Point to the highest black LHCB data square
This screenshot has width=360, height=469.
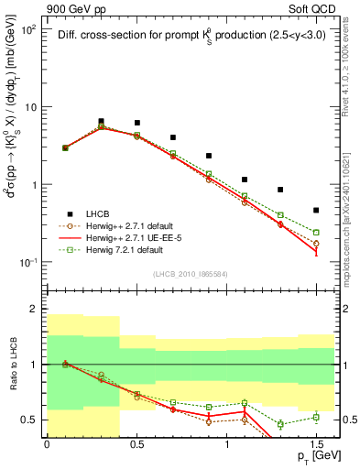[101, 121]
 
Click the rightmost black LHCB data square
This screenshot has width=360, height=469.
[316, 210]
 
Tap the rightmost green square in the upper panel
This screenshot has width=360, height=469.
[316, 233]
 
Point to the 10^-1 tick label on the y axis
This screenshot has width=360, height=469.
[29, 263]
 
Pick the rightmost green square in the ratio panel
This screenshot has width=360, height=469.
[316, 417]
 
